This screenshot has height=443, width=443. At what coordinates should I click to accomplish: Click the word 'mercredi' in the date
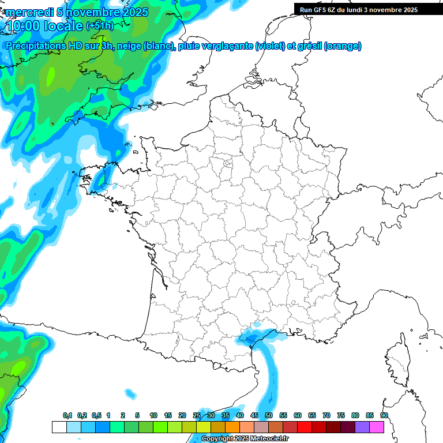coord(29,12)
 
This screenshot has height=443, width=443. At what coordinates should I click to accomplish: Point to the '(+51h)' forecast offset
coord(100,26)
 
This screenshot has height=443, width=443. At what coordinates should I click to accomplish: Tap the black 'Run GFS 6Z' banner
coord(359,9)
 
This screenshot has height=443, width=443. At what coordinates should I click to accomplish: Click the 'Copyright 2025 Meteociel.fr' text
coord(245,439)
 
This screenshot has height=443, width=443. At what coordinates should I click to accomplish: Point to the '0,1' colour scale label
coord(67,416)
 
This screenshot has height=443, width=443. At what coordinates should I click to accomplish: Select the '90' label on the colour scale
coord(384,416)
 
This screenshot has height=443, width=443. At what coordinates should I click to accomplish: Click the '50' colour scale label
coord(268,416)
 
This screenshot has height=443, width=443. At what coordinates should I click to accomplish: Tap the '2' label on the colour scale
coord(123,416)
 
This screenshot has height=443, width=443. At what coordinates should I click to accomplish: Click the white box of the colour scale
coord(59,427)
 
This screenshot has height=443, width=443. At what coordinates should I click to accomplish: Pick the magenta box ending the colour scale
coord(377,427)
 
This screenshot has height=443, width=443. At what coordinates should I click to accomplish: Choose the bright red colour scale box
coord(304,427)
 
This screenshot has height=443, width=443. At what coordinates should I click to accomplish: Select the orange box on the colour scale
coord(232,427)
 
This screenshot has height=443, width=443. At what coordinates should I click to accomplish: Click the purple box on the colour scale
coord(362,427)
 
